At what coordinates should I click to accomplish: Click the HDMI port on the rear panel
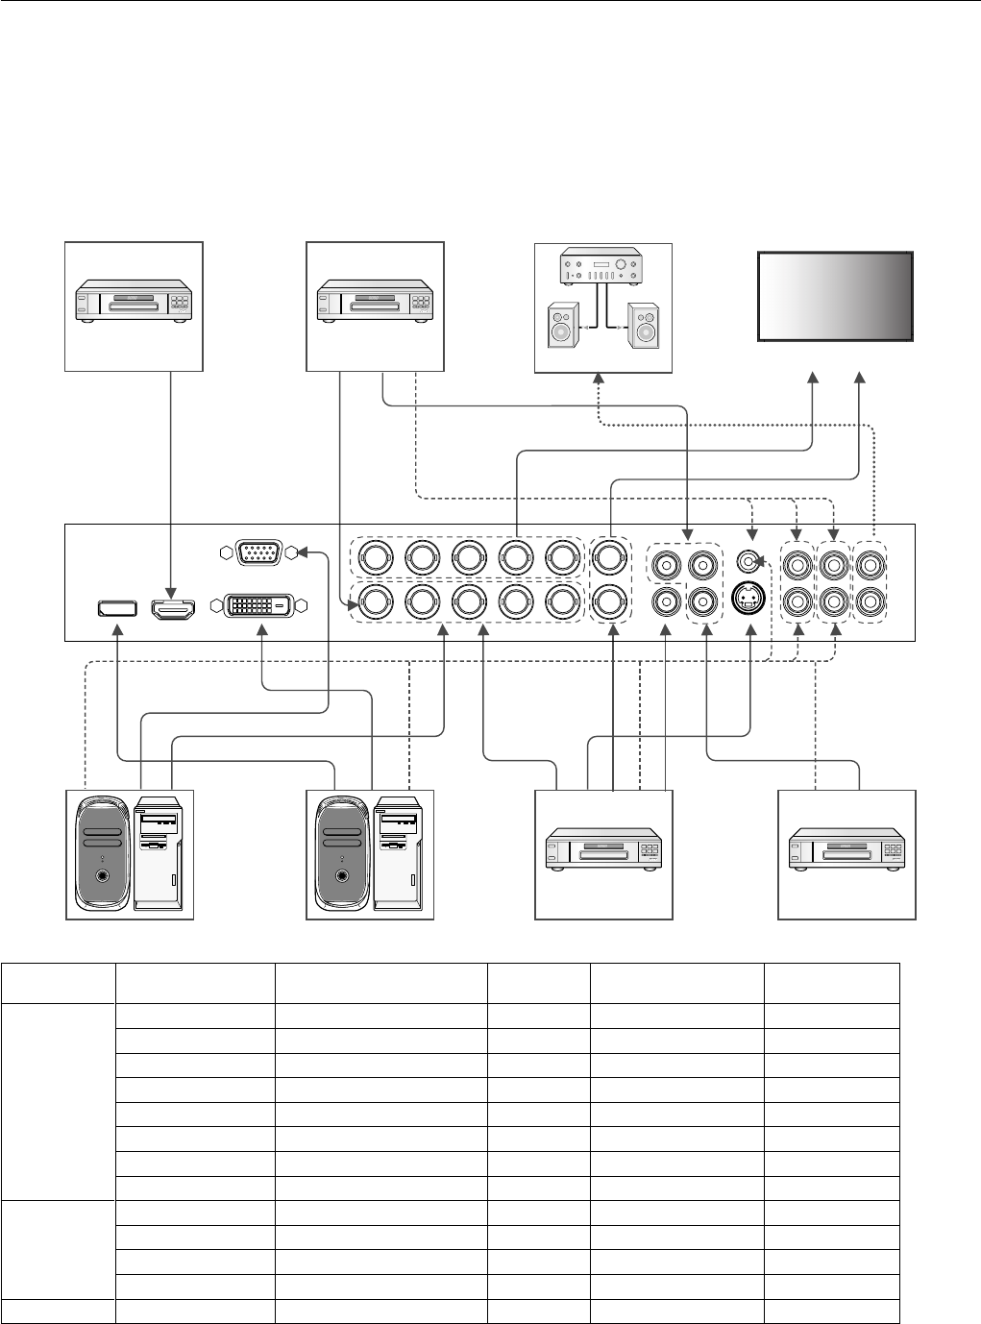click(173, 607)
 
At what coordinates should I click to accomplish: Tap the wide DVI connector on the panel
click(258, 605)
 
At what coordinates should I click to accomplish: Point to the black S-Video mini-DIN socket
click(748, 600)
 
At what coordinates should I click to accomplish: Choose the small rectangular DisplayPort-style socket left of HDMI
click(116, 608)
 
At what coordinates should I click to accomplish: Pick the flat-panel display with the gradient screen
click(835, 296)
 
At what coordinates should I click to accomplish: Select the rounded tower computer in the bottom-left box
click(100, 849)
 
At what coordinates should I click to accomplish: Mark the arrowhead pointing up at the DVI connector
click(264, 629)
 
